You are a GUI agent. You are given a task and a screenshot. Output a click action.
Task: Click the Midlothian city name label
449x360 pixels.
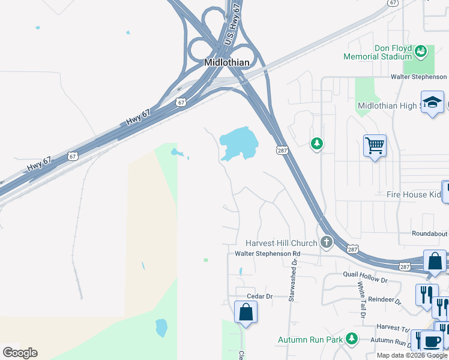[x=226, y=62]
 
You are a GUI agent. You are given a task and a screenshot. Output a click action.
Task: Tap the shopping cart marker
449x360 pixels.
[x=375, y=145]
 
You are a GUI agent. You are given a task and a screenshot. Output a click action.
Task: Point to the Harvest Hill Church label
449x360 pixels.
[x=281, y=243]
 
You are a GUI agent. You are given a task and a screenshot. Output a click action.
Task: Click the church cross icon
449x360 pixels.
[x=326, y=242]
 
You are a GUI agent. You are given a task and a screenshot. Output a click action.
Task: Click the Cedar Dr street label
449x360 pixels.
[x=260, y=296]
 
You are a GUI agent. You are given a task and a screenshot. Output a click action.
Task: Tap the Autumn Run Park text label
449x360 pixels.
[x=310, y=340]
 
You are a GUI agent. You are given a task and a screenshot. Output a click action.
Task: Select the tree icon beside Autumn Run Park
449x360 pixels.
[x=352, y=340]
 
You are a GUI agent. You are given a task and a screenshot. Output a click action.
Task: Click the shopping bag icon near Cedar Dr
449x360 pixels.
[x=246, y=313]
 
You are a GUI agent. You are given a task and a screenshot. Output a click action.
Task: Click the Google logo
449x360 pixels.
[x=20, y=353]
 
